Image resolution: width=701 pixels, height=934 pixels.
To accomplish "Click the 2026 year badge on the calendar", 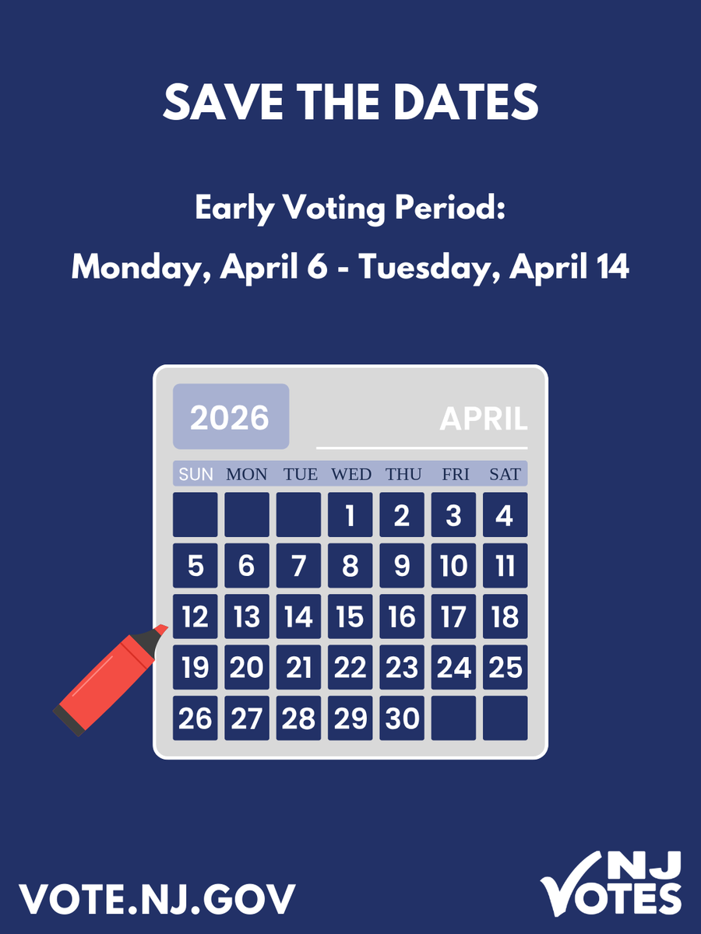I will pyautogui.click(x=230, y=417).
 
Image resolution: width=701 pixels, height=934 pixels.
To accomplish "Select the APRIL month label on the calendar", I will pyautogui.click(x=484, y=420).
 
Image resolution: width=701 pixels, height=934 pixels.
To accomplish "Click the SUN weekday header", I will pyautogui.click(x=196, y=474).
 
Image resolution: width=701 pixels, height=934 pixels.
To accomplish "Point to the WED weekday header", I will pyautogui.click(x=350, y=474).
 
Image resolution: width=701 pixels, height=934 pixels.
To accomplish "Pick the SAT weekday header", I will pyautogui.click(x=505, y=474).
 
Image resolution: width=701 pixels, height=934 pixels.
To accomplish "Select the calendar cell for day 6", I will pyautogui.click(x=247, y=566).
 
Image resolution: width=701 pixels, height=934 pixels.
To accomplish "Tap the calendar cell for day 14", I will pyautogui.click(x=298, y=617).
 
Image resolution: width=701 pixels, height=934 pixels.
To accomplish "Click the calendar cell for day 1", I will pyautogui.click(x=350, y=514).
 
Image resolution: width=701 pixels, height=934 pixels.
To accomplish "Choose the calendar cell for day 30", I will pyautogui.click(x=402, y=718).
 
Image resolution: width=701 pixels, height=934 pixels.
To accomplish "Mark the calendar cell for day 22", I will pyautogui.click(x=350, y=667).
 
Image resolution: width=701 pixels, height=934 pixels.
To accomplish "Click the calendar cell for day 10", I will pyautogui.click(x=453, y=566).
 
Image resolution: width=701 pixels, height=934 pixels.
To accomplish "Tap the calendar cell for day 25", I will pyautogui.click(x=505, y=667).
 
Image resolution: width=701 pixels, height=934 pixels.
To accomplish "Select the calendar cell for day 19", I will pyautogui.click(x=196, y=667).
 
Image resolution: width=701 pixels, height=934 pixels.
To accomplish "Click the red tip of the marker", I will pyautogui.click(x=161, y=628).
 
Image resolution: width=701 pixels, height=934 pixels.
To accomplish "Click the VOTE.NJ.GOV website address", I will pyautogui.click(x=157, y=898).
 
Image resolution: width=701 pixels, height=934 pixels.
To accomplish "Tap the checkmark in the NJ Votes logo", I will pyautogui.click(x=569, y=883).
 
